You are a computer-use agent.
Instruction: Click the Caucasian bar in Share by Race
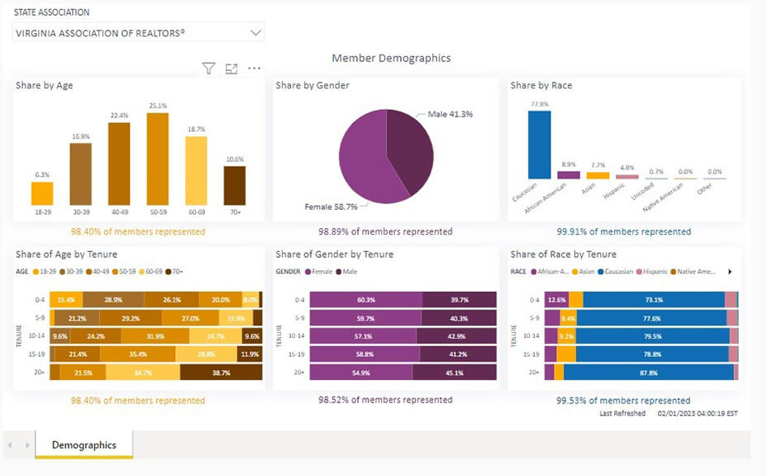[x=540, y=145]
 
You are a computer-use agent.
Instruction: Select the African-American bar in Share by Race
[x=568, y=175]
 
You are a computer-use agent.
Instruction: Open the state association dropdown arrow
[x=255, y=33]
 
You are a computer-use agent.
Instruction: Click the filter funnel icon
[x=209, y=69]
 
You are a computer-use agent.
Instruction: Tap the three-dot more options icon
[x=254, y=69]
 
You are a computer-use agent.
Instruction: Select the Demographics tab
[x=84, y=445]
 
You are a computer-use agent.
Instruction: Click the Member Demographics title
[x=391, y=58]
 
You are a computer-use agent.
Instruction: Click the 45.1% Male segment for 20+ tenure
[x=455, y=373]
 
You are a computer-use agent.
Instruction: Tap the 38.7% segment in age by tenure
[x=221, y=373]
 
